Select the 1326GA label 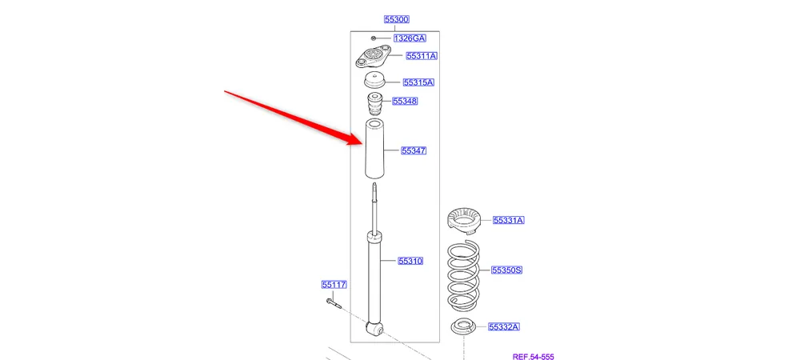pos(409,38)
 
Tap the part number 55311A pos(421,56)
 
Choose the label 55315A pos(418,82)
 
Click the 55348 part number pos(405,102)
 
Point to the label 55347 pos(414,150)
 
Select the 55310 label pos(410,261)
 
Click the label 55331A pos(508,220)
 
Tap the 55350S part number pos(506,270)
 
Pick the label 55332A pos(504,326)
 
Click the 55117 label pos(334,284)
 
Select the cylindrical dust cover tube pos(374,150)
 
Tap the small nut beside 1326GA pos(374,38)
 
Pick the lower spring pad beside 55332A pos(464,327)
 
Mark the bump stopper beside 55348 pos(374,106)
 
